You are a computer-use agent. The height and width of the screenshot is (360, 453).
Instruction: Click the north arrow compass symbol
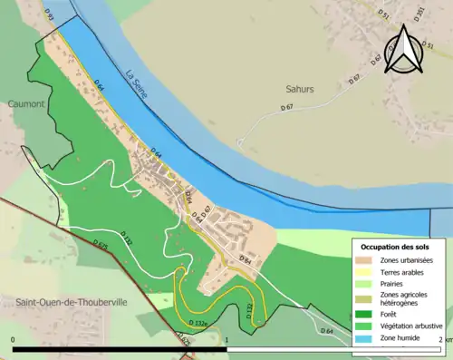coord(404,49)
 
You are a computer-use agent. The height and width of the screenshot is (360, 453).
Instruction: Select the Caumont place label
coord(28,104)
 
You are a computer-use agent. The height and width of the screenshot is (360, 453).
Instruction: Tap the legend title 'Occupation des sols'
coord(394,247)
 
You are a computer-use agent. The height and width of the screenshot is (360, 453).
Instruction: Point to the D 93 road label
coord(49,17)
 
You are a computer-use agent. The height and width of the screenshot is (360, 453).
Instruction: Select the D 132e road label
coord(200,322)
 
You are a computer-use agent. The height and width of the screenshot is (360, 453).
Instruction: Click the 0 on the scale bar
coord(13,340)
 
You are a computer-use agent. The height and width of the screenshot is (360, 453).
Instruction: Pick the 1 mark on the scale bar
coord(226,340)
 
